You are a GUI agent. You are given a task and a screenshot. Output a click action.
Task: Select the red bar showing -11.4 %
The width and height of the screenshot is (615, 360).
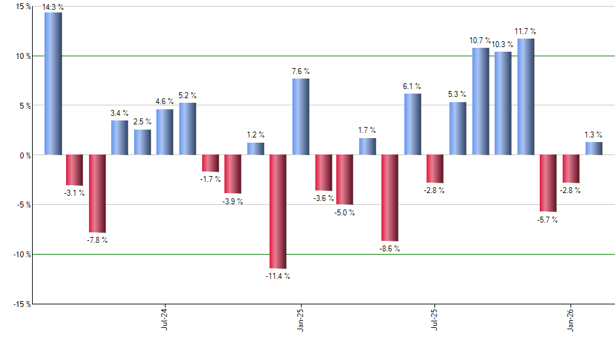pyautogui.click(x=278, y=211)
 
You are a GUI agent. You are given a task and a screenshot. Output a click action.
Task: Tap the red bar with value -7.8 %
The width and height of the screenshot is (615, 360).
pyautogui.click(x=97, y=194)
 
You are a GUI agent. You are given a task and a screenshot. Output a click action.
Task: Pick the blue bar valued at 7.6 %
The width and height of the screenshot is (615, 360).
pyautogui.click(x=300, y=117)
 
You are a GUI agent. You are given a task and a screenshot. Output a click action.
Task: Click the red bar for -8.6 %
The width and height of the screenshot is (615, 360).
pyautogui.click(x=391, y=198)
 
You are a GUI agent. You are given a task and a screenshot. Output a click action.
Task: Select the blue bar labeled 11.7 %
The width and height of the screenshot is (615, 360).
pyautogui.click(x=525, y=96)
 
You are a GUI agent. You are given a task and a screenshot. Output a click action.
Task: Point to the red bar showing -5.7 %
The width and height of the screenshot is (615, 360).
pyautogui.click(x=548, y=183)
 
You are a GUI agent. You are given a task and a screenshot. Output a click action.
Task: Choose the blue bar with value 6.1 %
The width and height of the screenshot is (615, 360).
pyautogui.click(x=413, y=124)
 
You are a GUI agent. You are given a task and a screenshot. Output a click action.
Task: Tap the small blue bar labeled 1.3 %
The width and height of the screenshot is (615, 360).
pyautogui.click(x=593, y=149)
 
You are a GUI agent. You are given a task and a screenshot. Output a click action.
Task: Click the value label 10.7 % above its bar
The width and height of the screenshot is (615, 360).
pyautogui.click(x=480, y=41)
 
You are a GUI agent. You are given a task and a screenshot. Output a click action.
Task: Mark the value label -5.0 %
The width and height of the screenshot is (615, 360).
pyautogui.click(x=345, y=213)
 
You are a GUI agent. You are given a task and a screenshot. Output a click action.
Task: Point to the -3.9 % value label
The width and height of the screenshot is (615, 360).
pyautogui.click(x=233, y=202)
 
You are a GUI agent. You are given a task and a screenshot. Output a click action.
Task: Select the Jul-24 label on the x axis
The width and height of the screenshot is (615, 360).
pyautogui.click(x=164, y=319)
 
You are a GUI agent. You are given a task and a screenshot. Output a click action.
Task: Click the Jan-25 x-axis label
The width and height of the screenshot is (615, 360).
pyautogui.click(x=300, y=319)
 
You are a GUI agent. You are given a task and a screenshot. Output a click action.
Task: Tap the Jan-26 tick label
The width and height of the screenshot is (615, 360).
pyautogui.click(x=571, y=319)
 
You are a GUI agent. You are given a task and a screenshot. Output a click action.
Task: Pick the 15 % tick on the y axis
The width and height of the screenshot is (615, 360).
pyautogui.click(x=22, y=7)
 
